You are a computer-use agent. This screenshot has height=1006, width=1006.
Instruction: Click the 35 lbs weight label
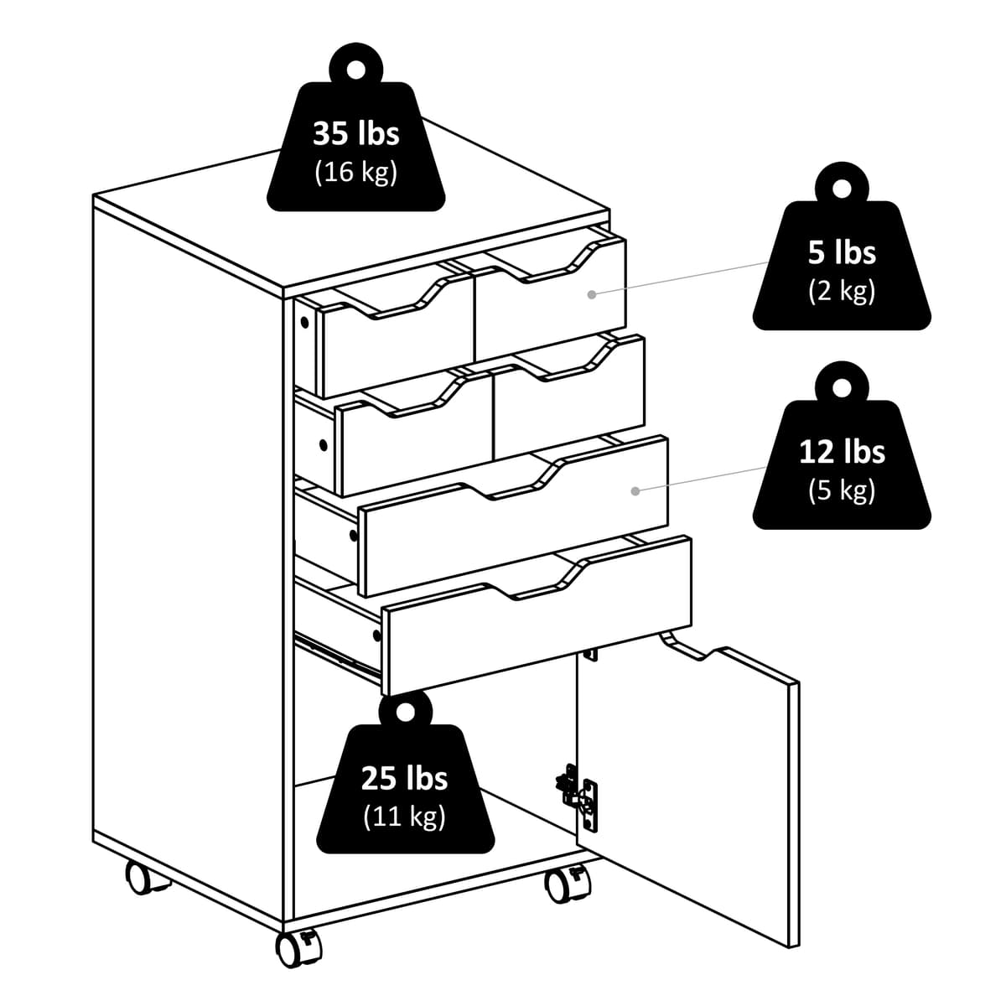pyautogui.click(x=355, y=134)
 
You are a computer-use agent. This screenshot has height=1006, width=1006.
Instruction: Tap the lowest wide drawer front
pyautogui.click(x=537, y=620)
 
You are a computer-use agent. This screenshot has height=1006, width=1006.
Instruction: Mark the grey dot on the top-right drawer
pyautogui.click(x=592, y=294)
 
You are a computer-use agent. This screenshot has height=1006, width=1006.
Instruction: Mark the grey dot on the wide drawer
pyautogui.click(x=635, y=490)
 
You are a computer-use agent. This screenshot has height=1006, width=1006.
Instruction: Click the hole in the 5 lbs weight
pyautogui.click(x=841, y=189)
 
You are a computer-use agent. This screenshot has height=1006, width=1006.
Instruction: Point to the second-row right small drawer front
pyautogui.click(x=570, y=402)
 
